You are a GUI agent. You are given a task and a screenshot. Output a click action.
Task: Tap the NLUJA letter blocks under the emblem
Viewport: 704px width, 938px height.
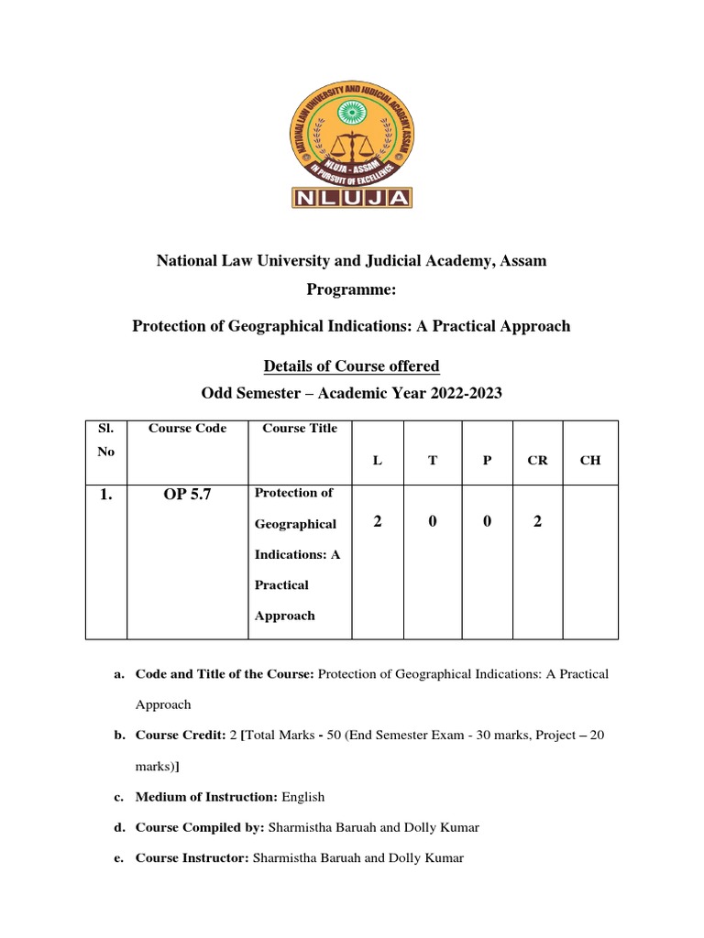pyautogui.click(x=351, y=197)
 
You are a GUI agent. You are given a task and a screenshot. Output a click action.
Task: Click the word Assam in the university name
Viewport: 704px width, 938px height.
pyautogui.click(x=522, y=261)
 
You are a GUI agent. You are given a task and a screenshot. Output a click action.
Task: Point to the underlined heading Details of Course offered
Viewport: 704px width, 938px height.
pyautogui.click(x=352, y=366)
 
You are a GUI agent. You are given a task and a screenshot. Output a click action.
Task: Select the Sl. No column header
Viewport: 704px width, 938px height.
pyautogui.click(x=105, y=441)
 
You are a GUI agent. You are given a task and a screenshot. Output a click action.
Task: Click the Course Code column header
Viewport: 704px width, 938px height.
pyautogui.click(x=187, y=428)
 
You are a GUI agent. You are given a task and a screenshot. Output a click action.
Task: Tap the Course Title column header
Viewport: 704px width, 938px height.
pyautogui.click(x=300, y=428)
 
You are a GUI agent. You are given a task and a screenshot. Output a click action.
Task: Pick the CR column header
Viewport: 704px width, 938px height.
pyautogui.click(x=538, y=460)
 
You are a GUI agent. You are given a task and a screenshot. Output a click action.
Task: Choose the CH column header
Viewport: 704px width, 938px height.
pyautogui.click(x=590, y=460)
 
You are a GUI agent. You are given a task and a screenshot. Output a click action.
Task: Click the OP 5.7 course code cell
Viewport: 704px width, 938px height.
pyautogui.click(x=188, y=495)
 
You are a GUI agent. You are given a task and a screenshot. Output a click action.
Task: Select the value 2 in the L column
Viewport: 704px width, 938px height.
pyautogui.click(x=377, y=521)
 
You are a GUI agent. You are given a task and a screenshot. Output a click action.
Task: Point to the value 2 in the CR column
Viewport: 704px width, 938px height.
pyautogui.click(x=538, y=521)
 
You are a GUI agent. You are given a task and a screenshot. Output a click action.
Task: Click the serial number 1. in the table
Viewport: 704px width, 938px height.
pyautogui.click(x=105, y=495)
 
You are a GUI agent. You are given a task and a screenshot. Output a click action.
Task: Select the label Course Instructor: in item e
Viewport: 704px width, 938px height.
pyautogui.click(x=192, y=857)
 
